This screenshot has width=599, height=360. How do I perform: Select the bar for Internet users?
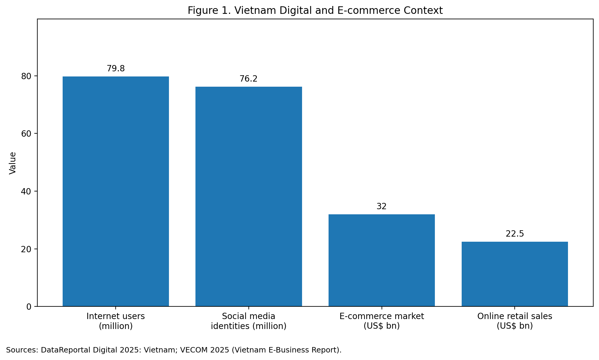(x=116, y=191)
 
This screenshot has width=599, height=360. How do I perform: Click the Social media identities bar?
(x=248, y=197)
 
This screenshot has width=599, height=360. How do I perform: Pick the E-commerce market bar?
(x=382, y=260)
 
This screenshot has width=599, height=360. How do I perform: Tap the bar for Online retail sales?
(x=515, y=274)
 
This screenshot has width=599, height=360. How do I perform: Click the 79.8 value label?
(x=116, y=69)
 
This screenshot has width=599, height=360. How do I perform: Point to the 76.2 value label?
(x=248, y=79)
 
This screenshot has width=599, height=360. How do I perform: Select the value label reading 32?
(x=382, y=206)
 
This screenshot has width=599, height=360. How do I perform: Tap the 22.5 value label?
(x=515, y=234)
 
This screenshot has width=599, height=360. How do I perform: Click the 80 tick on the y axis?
(x=26, y=76)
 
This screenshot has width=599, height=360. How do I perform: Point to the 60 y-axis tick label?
(x=26, y=134)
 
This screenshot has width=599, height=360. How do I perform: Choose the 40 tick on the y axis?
(x=26, y=191)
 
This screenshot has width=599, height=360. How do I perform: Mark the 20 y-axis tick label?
(x=26, y=249)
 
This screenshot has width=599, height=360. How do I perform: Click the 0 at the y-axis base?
(x=29, y=307)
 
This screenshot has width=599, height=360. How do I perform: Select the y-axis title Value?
(x=13, y=163)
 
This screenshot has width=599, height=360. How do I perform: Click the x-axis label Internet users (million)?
(x=116, y=321)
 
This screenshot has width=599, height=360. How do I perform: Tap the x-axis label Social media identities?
(x=248, y=321)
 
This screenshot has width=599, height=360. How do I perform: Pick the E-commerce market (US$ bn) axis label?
(x=382, y=321)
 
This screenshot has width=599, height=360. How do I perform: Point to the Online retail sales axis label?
(x=515, y=321)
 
